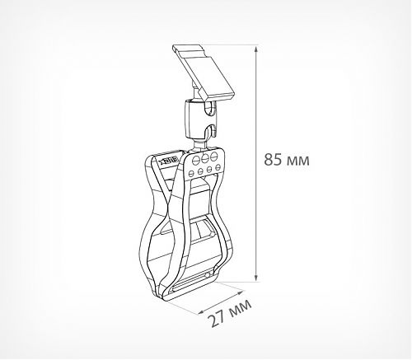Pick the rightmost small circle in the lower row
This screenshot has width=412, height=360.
coord(219,170)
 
